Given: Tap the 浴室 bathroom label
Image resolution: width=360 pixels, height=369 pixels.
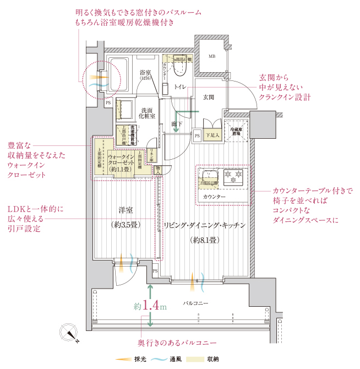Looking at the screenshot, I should [145, 74].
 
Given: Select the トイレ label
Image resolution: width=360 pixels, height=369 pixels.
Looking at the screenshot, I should [179, 88].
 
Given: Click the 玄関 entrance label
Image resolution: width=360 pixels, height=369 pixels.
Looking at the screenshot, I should [208, 97].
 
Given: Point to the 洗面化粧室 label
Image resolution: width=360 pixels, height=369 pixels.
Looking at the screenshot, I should [148, 113].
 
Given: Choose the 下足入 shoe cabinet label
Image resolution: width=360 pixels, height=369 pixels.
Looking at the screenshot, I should [212, 134].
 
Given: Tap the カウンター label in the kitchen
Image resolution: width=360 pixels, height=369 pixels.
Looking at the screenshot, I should [214, 197].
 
